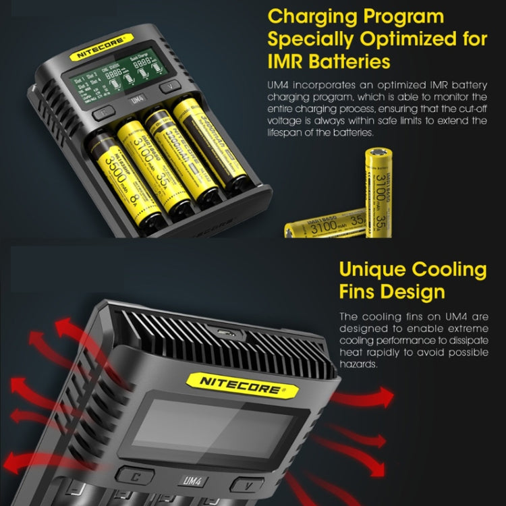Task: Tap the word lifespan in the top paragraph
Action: pyautogui.click(x=290, y=133)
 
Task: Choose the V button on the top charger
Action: pyautogui.click(x=169, y=86)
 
